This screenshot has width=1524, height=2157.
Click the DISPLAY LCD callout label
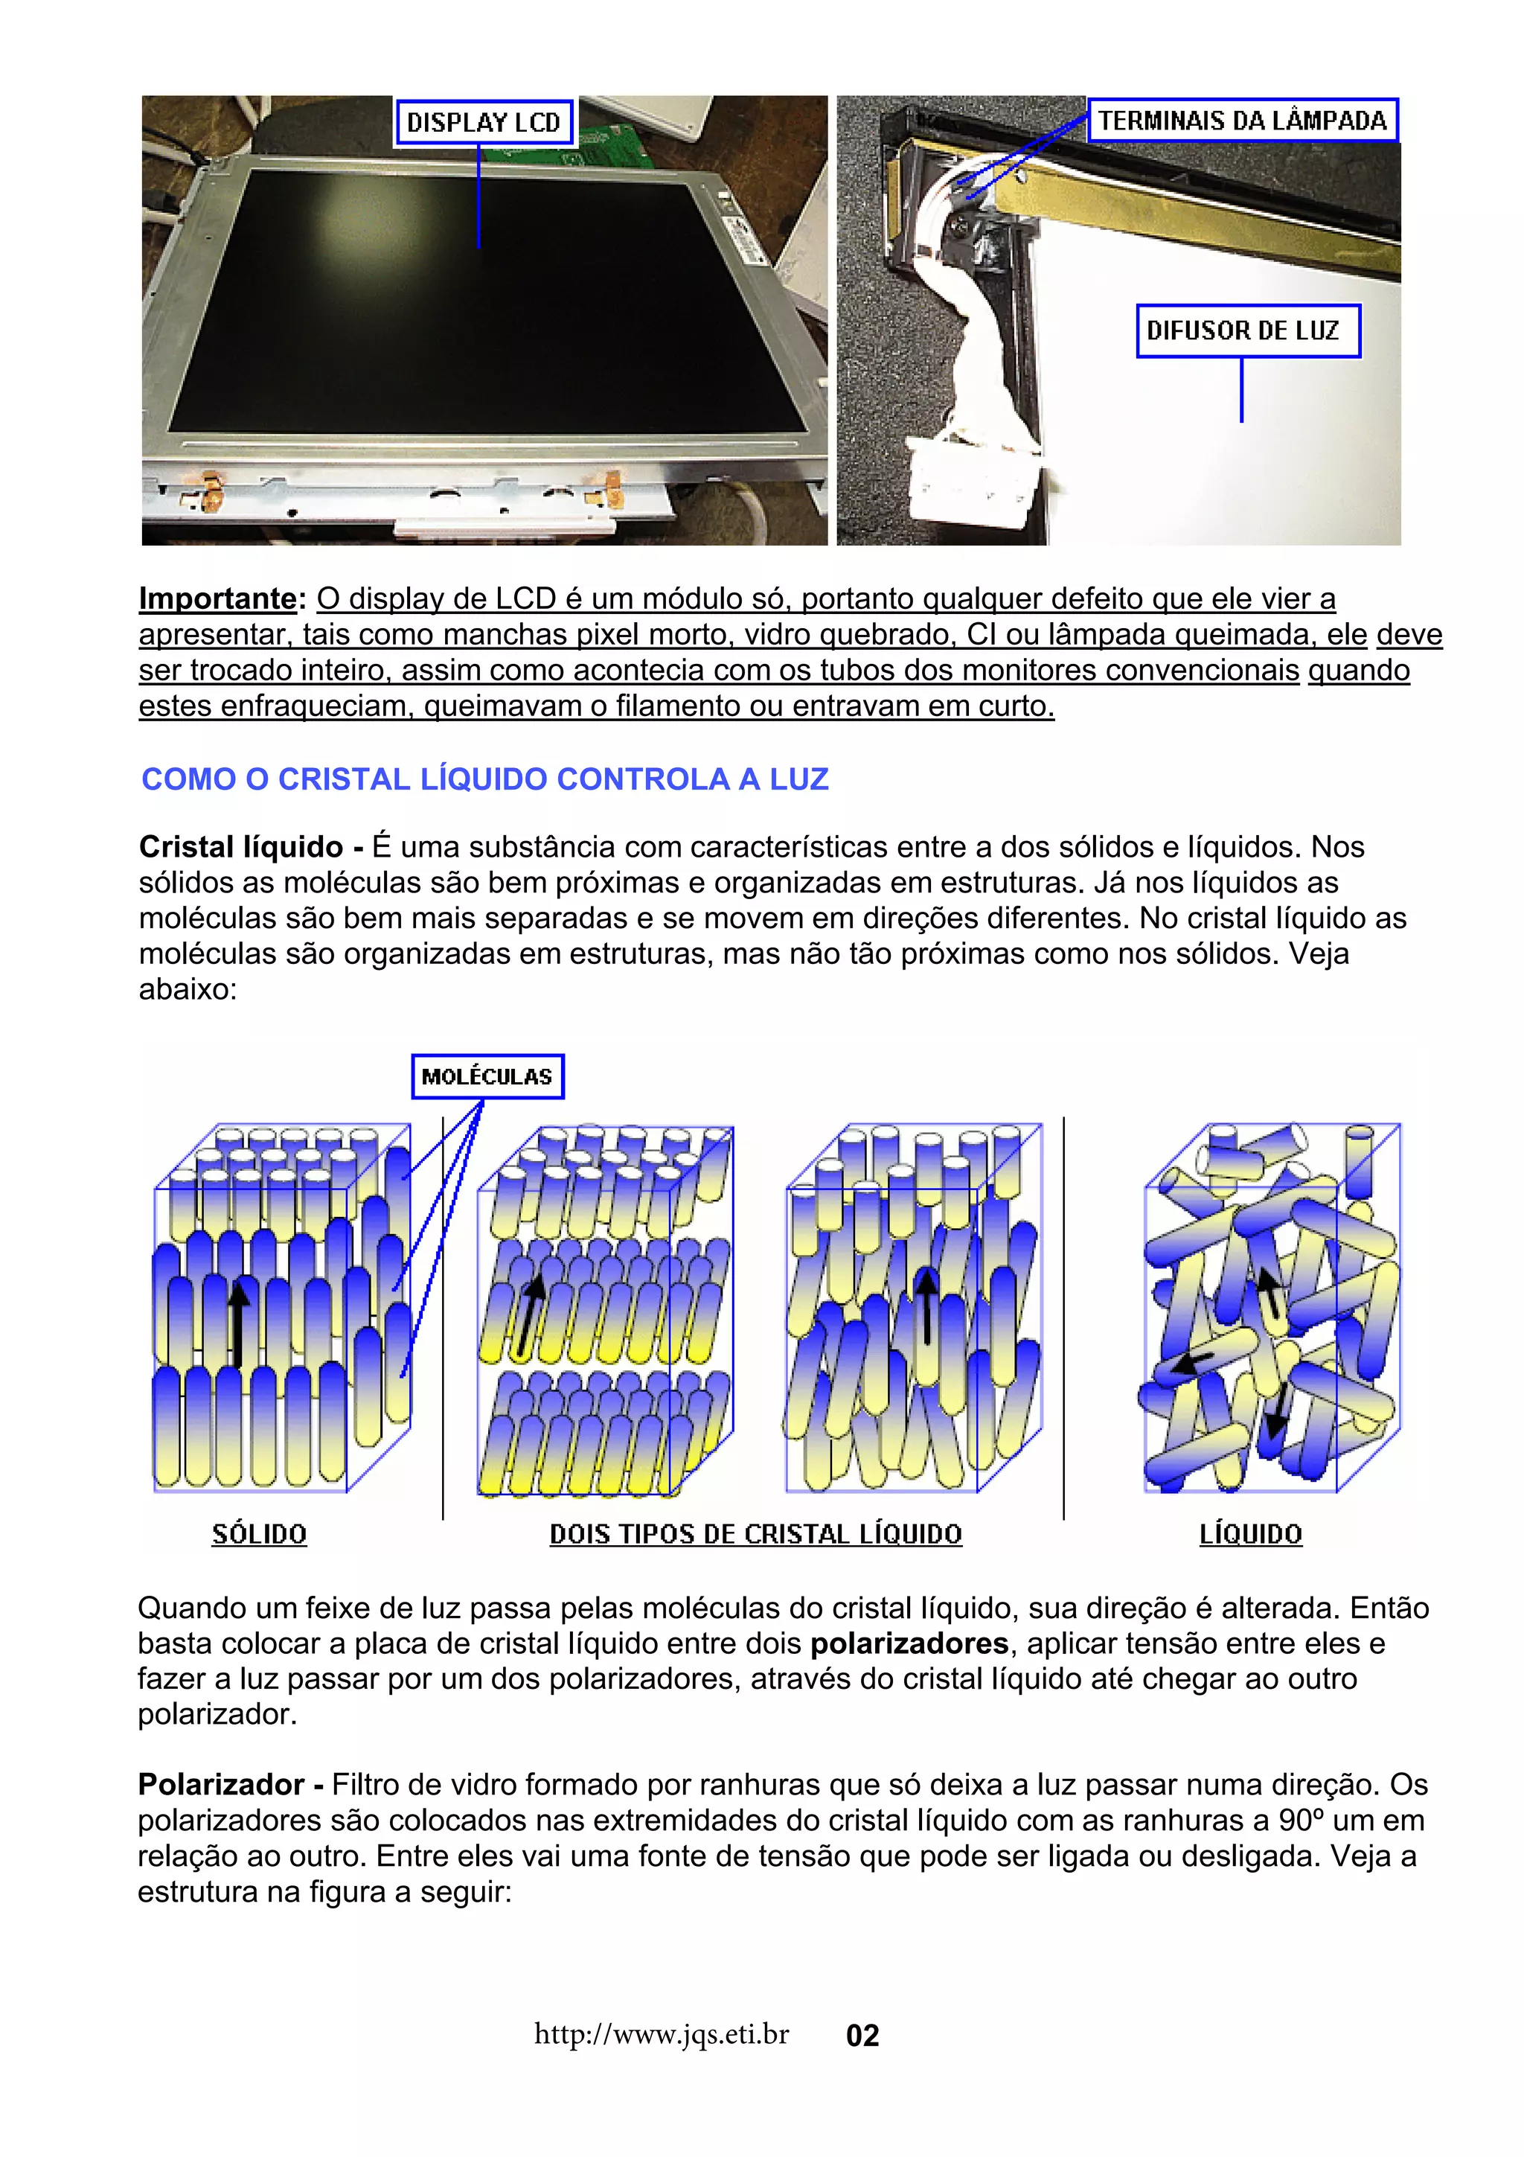pyautogui.click(x=484, y=122)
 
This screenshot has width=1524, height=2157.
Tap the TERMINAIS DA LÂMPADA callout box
pyautogui.click(x=1241, y=121)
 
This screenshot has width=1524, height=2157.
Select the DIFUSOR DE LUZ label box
pyautogui.click(x=1247, y=330)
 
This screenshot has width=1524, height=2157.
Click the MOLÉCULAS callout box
pyautogui.click(x=487, y=1076)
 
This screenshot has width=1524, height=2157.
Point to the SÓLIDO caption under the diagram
pyautogui.click(x=259, y=1534)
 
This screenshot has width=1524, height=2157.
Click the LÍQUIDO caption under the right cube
pyautogui.click(x=1251, y=1534)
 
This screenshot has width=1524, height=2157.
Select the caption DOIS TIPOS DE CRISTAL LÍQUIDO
pyautogui.click(x=756, y=1534)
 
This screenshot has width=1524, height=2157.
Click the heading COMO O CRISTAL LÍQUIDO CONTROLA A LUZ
pyautogui.click(x=484, y=779)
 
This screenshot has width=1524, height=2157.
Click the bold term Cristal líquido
pyautogui.click(x=241, y=846)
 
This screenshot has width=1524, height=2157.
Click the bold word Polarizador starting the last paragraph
pyautogui.click(x=222, y=1784)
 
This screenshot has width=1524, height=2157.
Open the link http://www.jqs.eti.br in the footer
pyautogui.click(x=661, y=2034)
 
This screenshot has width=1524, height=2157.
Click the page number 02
pyautogui.click(x=862, y=2035)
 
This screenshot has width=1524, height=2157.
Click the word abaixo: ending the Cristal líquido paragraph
pyautogui.click(x=188, y=989)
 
